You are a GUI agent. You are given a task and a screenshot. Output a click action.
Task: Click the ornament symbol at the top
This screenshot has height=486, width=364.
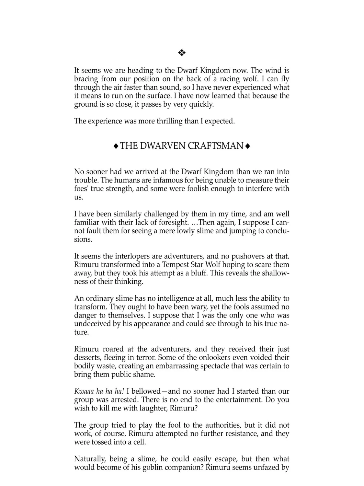[x=182, y=52]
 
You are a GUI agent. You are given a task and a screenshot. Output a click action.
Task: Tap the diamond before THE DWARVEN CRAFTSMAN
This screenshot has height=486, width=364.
[x=116, y=146]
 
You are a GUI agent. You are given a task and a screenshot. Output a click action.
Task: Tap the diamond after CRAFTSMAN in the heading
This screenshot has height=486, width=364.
[x=248, y=146]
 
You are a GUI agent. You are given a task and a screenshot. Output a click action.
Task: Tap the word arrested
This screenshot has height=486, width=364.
[x=124, y=399]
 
